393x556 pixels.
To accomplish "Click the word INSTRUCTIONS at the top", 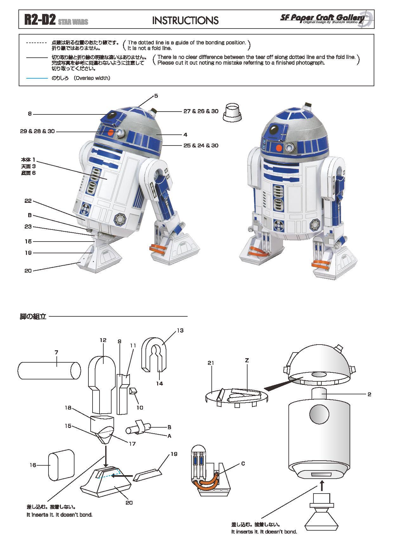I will pos(185,21).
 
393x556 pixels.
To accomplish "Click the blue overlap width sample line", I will pos(37,78).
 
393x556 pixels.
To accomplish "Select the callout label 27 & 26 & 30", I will pos(201,111).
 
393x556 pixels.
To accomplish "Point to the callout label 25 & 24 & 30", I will pos(201,145).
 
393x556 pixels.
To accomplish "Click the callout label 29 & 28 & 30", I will pos(37,131).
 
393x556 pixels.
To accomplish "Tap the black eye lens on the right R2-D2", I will pos(274,129).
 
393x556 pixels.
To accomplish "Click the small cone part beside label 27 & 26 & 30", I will pos(232,113).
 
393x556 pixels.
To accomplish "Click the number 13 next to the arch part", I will pos(180,330).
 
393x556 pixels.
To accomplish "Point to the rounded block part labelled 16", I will pos(61,465).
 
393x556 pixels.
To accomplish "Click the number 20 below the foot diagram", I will pos(129,502).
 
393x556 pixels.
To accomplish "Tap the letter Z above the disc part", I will pos(247,360).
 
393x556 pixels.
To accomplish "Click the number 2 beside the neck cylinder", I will pos(369,394).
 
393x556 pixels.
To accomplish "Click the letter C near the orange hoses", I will pos(243,463).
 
